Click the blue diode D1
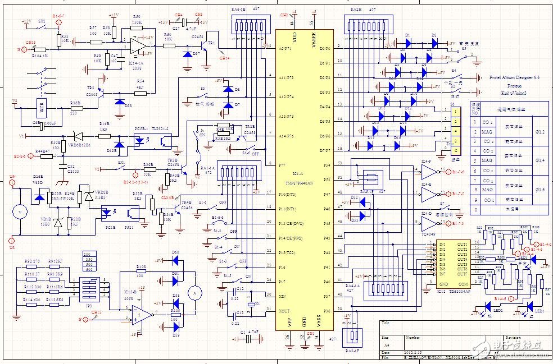[407, 42]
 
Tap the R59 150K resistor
[137, 23]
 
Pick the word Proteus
[514, 86]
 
